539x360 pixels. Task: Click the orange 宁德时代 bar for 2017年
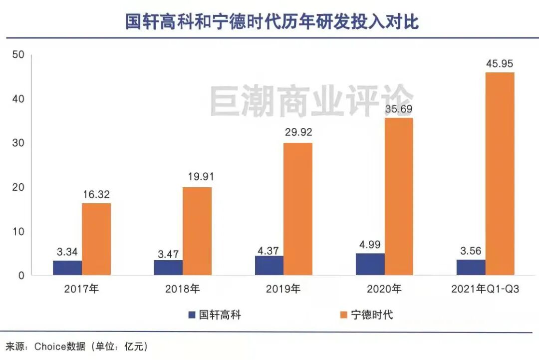click(96, 239)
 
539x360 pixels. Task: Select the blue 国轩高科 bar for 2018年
click(168, 267)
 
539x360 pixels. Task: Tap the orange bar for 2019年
click(298, 209)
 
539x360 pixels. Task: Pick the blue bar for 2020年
click(370, 264)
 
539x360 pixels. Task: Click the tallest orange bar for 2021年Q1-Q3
click(500, 174)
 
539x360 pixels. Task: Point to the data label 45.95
click(499, 64)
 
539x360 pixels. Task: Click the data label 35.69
click(398, 109)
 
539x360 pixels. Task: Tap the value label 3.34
click(67, 251)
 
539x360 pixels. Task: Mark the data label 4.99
click(370, 244)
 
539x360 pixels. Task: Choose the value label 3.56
click(471, 251)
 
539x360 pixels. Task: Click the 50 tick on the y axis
click(18, 54)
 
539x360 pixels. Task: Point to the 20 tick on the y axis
click(18, 187)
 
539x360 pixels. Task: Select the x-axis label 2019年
click(283, 289)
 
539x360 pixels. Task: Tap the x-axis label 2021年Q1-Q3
click(485, 289)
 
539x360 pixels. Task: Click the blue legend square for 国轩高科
click(192, 315)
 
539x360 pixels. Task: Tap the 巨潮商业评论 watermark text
click(311, 101)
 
